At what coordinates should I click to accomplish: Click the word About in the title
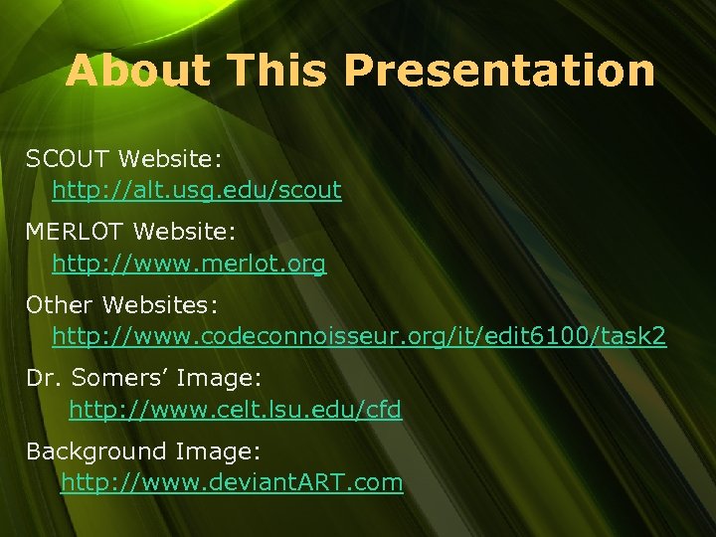point(138,71)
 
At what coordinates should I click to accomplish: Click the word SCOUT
point(69,158)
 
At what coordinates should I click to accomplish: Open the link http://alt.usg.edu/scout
point(197,189)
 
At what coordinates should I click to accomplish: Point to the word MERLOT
point(76,232)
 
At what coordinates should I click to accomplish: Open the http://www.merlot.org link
point(189,264)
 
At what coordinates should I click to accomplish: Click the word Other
point(59,303)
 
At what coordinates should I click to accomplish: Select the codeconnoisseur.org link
point(359,337)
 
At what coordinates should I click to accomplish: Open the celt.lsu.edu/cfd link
point(235,409)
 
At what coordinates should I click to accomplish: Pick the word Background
point(95,450)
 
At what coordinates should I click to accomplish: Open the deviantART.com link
point(232,483)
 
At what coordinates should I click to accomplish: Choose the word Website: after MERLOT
point(184,232)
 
